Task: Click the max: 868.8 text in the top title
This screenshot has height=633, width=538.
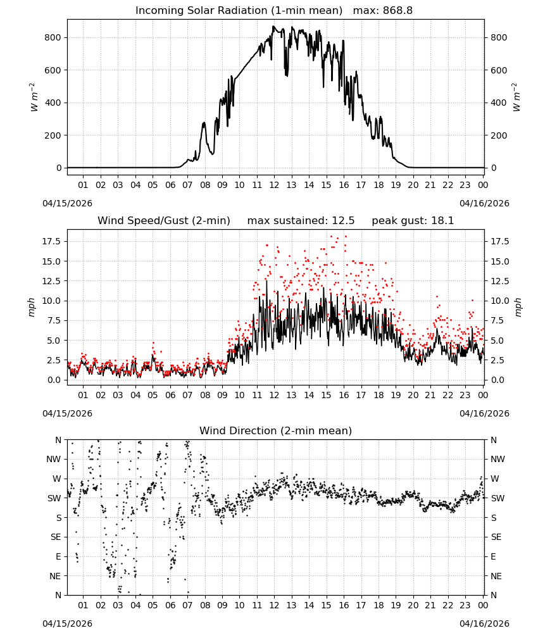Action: pos(383,11)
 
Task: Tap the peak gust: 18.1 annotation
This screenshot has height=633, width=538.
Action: pos(413,221)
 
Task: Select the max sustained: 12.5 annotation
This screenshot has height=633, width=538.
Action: pos(301,221)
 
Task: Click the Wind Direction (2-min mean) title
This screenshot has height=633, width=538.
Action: pos(276,430)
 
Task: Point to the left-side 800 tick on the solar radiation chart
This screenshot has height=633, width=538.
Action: pos(53,37)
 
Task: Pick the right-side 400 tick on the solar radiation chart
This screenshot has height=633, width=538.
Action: pos(499,103)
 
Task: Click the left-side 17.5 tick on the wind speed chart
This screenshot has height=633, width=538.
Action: pos(52,241)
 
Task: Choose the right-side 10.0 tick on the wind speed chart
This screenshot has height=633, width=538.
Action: pos(499,301)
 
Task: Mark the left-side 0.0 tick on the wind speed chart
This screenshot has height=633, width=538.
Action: pos(54,380)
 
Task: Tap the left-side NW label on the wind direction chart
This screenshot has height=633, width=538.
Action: pos(54,460)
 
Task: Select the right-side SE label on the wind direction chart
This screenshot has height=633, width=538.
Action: pos(496,537)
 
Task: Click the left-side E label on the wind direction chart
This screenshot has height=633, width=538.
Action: pos(58,556)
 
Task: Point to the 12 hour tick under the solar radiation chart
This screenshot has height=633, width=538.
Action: pos(274,185)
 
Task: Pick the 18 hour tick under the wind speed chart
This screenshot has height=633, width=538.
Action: pos(378,395)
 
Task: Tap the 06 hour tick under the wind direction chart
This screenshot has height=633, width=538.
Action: pos(170,606)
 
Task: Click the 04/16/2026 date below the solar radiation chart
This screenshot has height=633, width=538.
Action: pos(484,203)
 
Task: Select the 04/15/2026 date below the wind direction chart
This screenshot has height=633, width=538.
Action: pos(67,624)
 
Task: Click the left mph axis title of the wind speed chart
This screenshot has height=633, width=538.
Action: pos(32,307)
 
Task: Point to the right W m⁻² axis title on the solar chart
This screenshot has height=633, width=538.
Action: pos(516,97)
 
